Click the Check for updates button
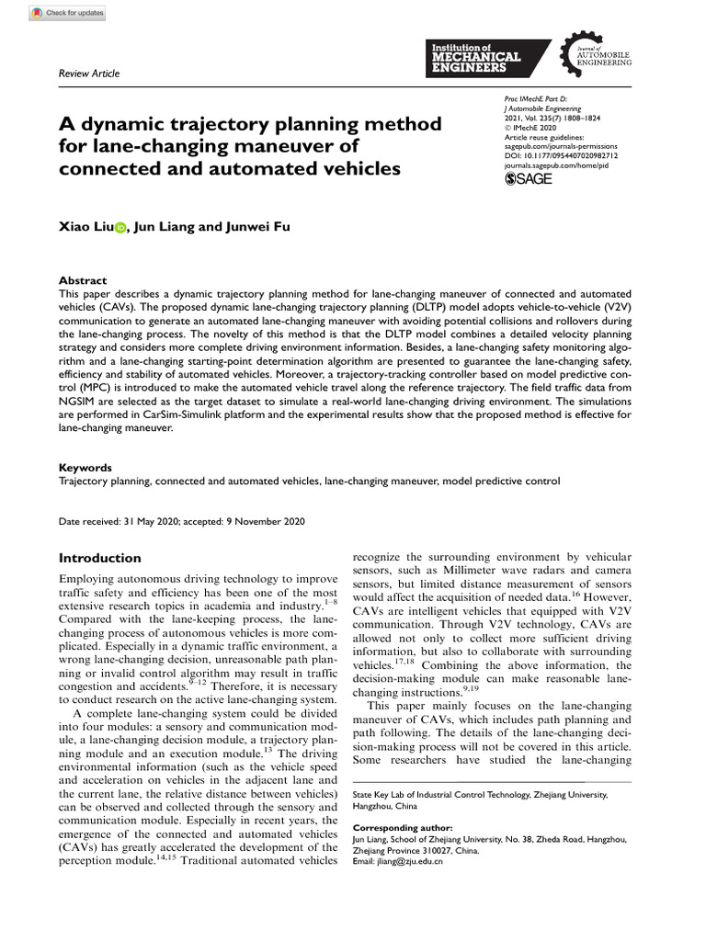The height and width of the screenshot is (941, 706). (x=68, y=14)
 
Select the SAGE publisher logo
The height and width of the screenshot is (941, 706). (x=529, y=179)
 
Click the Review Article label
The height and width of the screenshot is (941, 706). (x=89, y=74)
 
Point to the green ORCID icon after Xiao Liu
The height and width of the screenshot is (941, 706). (x=120, y=228)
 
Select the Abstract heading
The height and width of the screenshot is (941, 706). (x=83, y=280)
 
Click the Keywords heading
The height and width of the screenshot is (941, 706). (x=85, y=467)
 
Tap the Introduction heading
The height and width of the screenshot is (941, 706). (x=100, y=558)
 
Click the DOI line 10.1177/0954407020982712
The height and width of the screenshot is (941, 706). (x=562, y=156)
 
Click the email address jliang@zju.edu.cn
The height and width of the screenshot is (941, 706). (x=410, y=862)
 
